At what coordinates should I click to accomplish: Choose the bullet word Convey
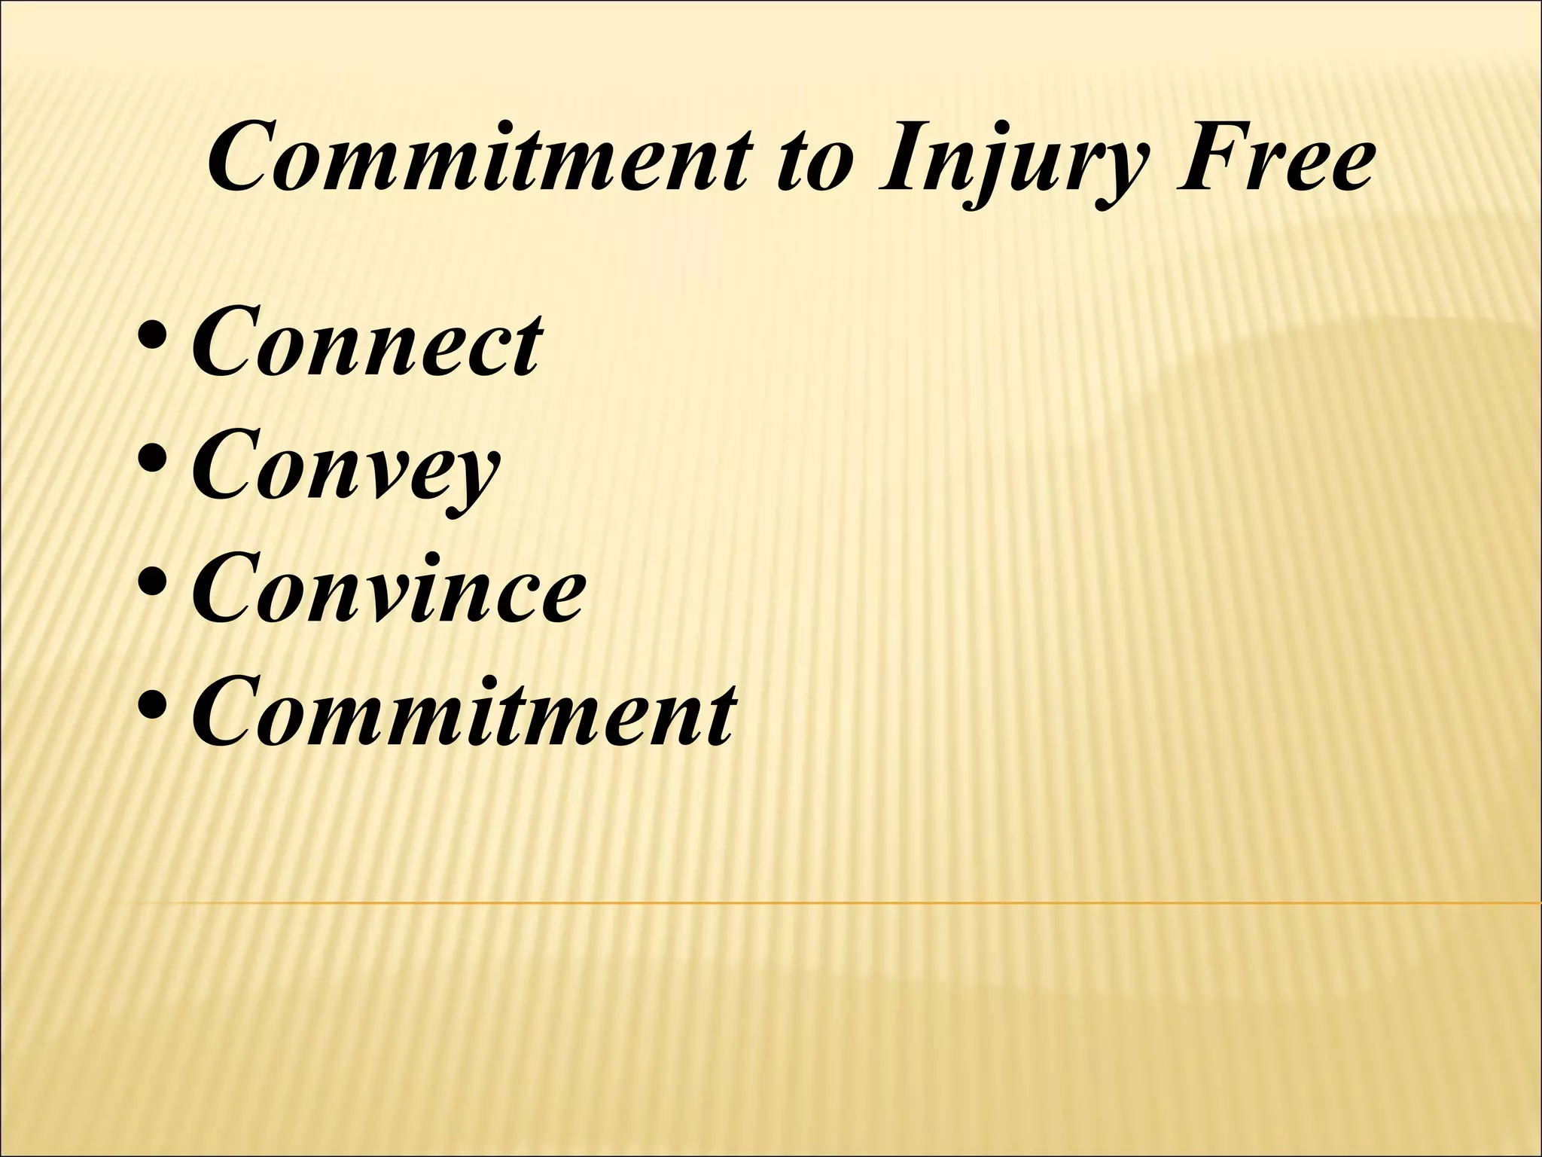[346, 469]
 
